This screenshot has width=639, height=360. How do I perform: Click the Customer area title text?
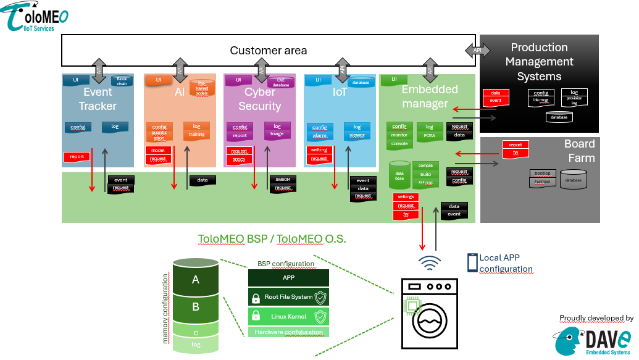268,51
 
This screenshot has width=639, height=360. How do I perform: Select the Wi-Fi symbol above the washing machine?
430,262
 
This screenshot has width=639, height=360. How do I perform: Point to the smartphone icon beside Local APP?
472,263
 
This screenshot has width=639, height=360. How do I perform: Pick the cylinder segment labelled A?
196,280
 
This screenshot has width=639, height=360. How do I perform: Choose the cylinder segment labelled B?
196,306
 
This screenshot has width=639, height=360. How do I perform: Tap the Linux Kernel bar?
288,317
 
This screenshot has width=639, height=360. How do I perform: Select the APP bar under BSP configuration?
288,278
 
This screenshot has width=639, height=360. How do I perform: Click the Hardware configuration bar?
288,332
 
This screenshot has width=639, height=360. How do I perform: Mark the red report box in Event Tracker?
77,157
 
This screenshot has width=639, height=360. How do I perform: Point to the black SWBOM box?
283,180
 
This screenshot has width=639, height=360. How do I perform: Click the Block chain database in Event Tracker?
122,81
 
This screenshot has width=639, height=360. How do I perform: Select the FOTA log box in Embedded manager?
430,131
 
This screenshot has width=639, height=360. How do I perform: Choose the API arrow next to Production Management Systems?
477,50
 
